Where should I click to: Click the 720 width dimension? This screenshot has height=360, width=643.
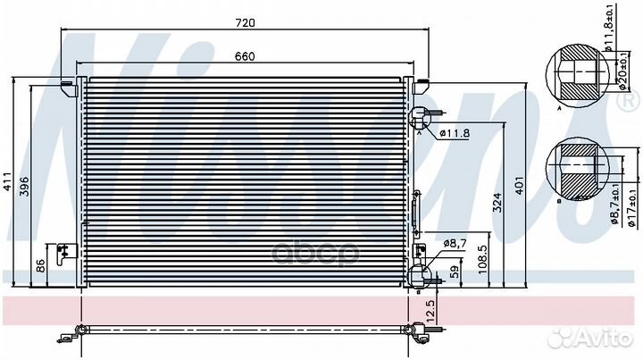click(x=245, y=22)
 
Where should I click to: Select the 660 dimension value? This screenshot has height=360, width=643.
click(x=245, y=56)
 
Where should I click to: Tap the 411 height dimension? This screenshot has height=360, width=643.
click(x=7, y=181)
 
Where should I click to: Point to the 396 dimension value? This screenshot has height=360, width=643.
click(x=24, y=186)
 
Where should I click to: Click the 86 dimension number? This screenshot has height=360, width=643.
click(x=40, y=265)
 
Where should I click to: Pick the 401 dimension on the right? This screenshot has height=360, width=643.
click(x=519, y=185)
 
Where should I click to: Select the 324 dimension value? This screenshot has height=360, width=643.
click(x=497, y=203)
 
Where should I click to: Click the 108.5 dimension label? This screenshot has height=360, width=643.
click(x=482, y=259)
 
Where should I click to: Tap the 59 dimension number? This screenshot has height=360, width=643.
click(x=455, y=272)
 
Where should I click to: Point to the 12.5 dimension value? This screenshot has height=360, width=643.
click(x=430, y=310)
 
